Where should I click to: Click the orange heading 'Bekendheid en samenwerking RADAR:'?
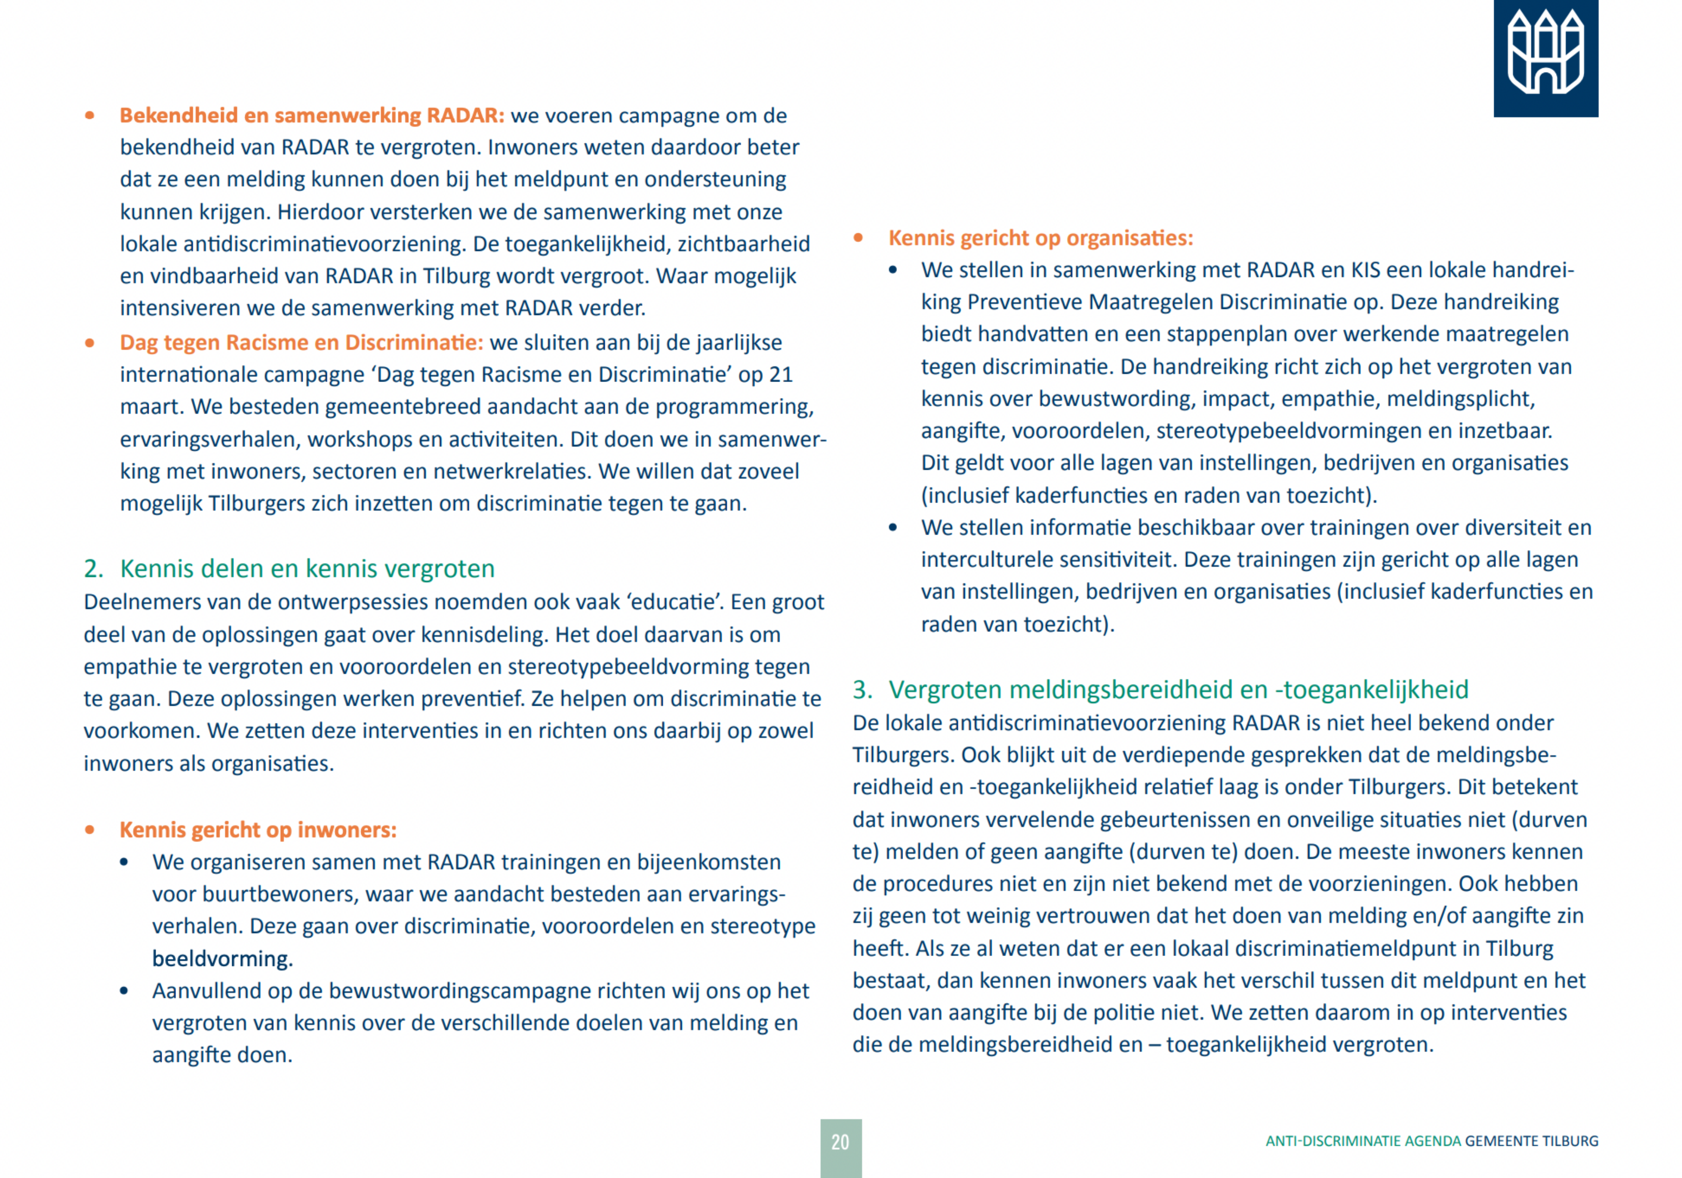[312, 116]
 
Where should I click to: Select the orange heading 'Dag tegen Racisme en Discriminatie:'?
[301, 343]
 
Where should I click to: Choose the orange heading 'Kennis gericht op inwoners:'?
[258, 830]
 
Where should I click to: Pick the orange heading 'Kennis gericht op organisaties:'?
[1040, 238]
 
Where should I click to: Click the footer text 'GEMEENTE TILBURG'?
[1531, 1141]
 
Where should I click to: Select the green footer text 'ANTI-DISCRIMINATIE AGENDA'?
[1363, 1141]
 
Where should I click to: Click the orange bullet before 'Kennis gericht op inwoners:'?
[90, 830]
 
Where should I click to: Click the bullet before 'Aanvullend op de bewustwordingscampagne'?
[124, 991]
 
